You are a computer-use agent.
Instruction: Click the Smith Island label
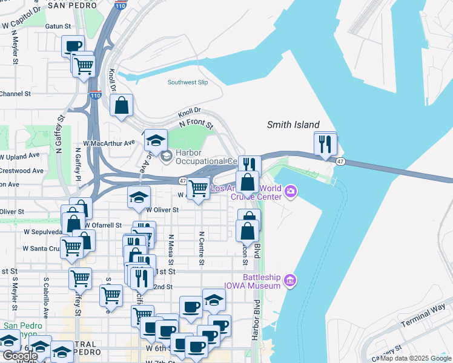click(x=293, y=125)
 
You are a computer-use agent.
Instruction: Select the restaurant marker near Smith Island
click(x=325, y=144)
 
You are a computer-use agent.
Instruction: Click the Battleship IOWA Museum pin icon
click(x=291, y=280)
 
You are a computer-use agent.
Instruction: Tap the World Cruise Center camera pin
click(x=291, y=192)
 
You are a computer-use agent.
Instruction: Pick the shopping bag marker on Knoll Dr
click(x=122, y=105)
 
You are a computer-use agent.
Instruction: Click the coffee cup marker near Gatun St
click(x=73, y=46)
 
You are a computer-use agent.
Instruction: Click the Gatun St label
click(x=59, y=27)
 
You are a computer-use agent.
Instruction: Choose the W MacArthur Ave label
click(x=109, y=143)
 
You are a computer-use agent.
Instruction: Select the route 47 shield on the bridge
click(x=341, y=162)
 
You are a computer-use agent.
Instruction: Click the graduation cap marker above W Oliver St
click(x=138, y=197)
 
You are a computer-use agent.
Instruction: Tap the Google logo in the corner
click(x=20, y=356)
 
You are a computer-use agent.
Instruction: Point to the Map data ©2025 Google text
click(x=415, y=358)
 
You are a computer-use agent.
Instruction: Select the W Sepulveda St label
click(x=42, y=231)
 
